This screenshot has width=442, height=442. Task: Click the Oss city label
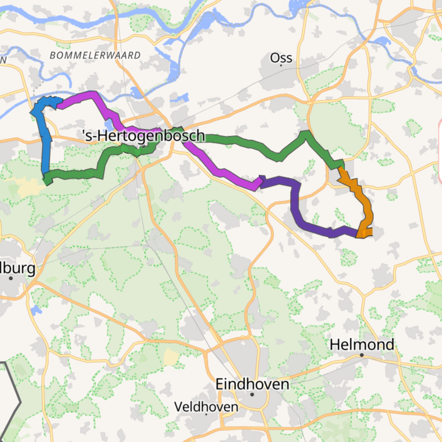tap(281, 58)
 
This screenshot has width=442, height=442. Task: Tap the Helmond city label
tap(362, 345)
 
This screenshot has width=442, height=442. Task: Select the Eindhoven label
tap(252, 384)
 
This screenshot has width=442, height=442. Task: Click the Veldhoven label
tap(206, 407)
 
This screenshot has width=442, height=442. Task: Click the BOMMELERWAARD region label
tap(95, 55)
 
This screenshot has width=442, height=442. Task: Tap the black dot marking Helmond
tap(362, 355)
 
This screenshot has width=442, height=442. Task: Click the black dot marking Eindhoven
tap(252, 394)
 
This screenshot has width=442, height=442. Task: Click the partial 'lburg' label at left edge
tap(18, 268)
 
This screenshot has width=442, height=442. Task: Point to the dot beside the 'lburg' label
tap(11, 278)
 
